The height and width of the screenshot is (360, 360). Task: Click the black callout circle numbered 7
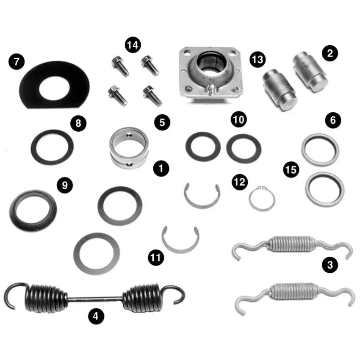[x=17, y=61]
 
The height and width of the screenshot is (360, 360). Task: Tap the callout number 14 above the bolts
[x=133, y=45]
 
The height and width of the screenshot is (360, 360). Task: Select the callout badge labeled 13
[x=258, y=59]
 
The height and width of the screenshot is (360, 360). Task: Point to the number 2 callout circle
[x=330, y=53]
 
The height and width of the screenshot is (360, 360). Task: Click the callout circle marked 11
[x=156, y=258]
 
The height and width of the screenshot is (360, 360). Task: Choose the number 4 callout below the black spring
[x=96, y=316]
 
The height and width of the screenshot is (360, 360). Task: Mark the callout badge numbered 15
[x=291, y=170]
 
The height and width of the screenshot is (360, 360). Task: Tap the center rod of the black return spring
[x=95, y=299]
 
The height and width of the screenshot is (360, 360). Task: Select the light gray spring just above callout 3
[x=291, y=244]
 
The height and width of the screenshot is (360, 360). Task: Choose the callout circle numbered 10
[x=239, y=119]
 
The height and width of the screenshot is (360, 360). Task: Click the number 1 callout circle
[x=161, y=168]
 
